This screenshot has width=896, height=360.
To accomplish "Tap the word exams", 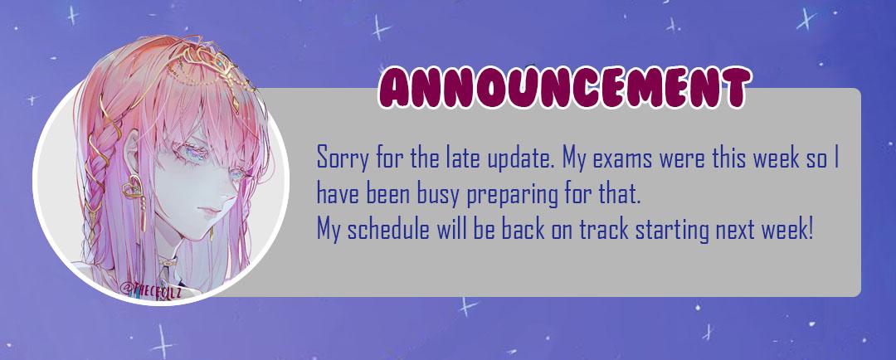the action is pyautogui.click(x=622, y=157).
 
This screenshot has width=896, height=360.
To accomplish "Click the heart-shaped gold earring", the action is pyautogui.click(x=133, y=187).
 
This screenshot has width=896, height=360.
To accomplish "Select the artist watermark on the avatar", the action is pyautogui.click(x=152, y=289).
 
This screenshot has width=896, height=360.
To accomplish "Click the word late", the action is pyautogui.click(x=460, y=157).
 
